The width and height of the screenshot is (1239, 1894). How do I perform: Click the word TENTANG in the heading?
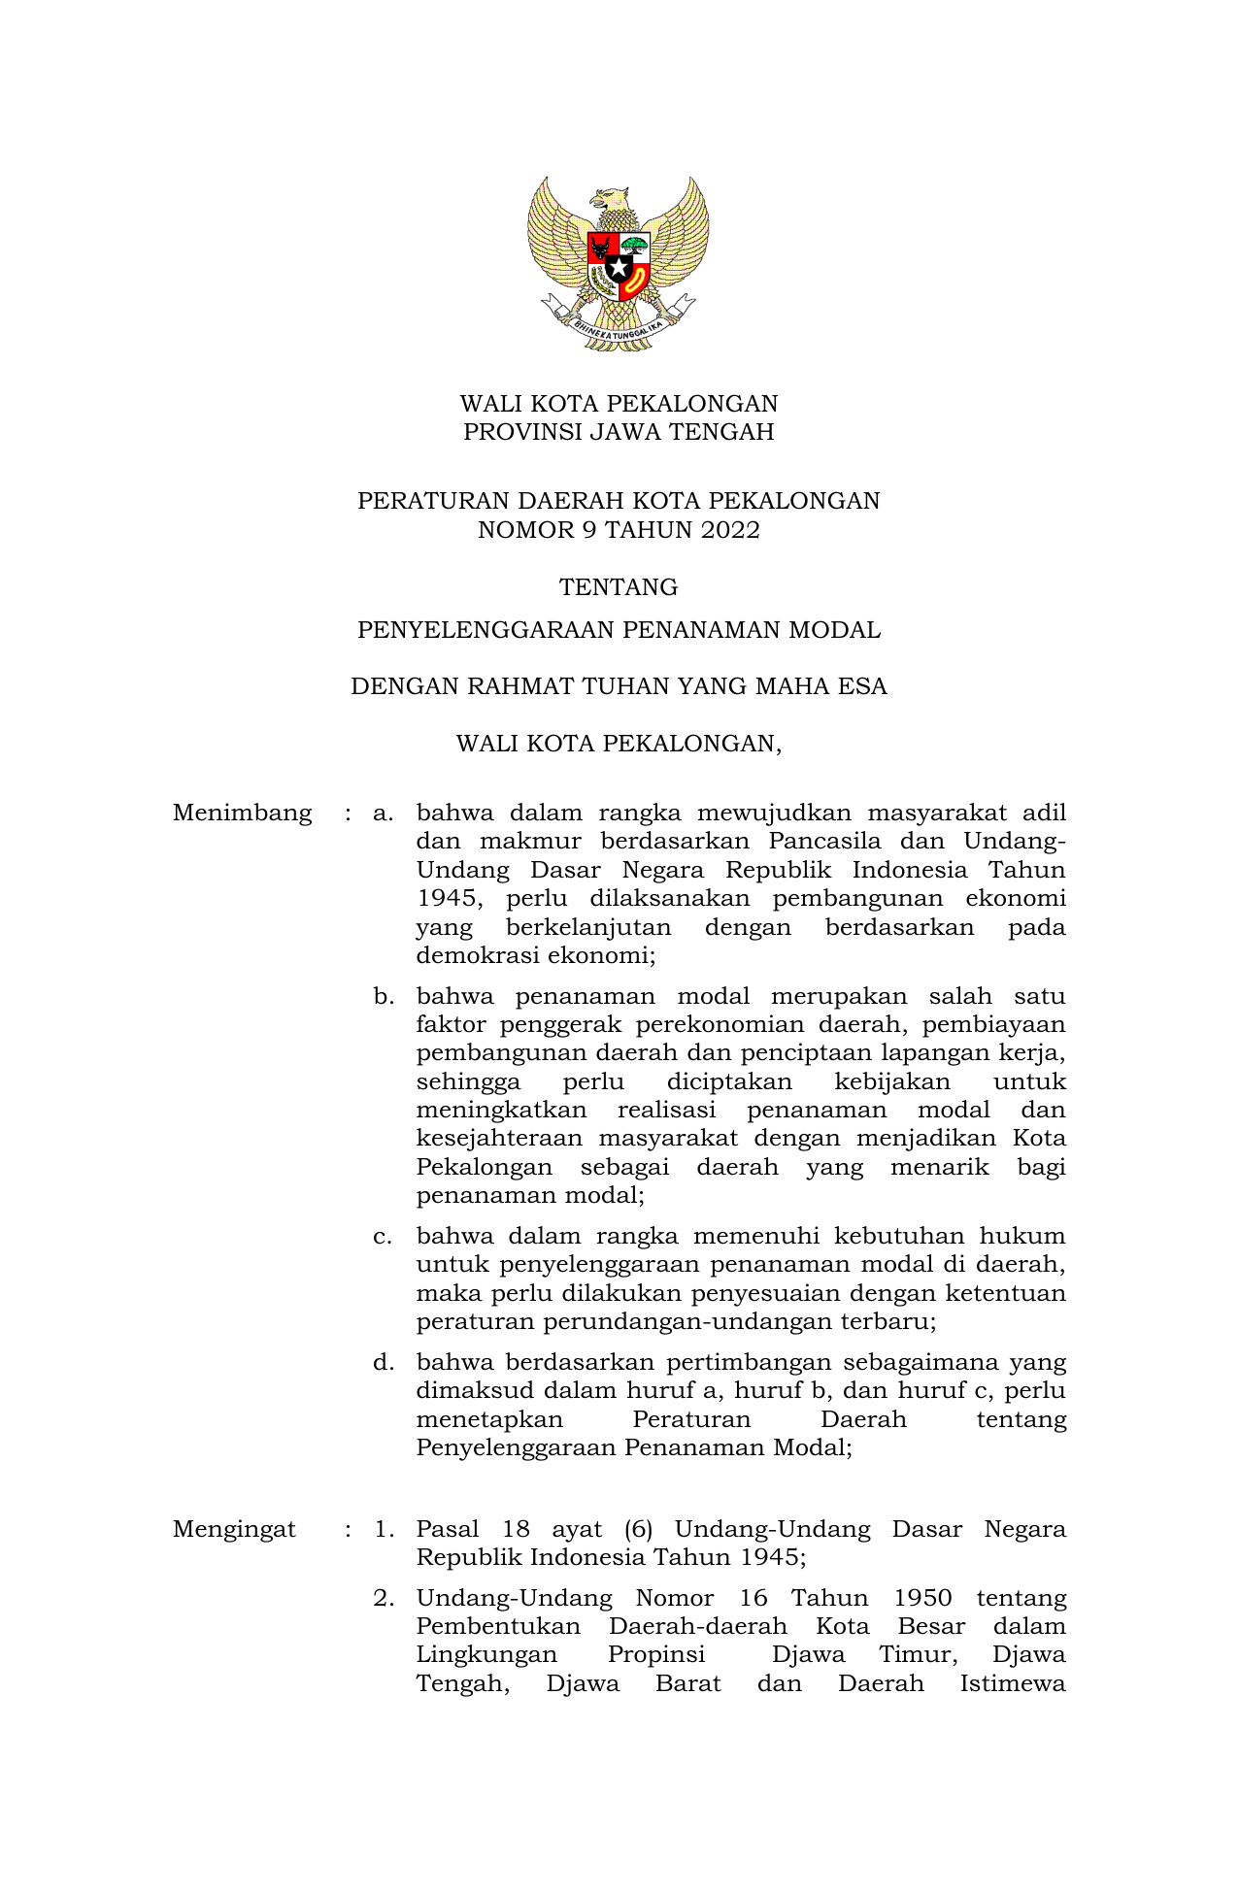tap(619, 587)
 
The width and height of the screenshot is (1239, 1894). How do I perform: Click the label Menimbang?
tap(242, 813)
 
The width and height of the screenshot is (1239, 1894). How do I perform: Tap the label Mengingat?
tap(234, 1529)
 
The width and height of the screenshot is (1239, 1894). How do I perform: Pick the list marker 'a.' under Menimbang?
tap(383, 813)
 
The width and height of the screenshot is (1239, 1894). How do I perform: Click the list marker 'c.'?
tap(383, 1236)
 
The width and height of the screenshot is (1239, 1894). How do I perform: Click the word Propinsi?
tap(656, 1654)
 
